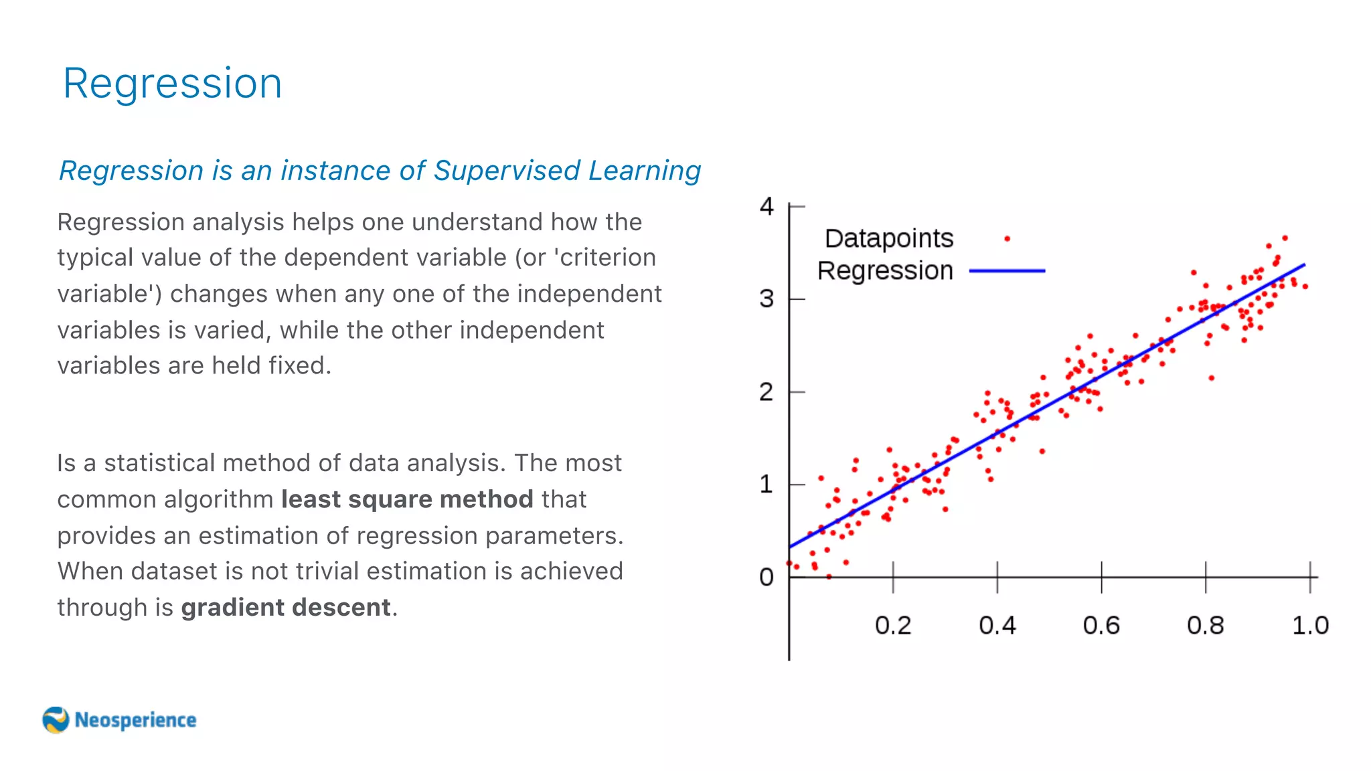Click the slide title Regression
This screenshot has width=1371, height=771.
pyautogui.click(x=172, y=84)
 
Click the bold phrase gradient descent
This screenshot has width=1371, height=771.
pyautogui.click(x=286, y=608)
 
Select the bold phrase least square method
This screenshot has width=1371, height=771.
pyautogui.click(x=407, y=499)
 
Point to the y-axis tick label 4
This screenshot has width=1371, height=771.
pyautogui.click(x=767, y=206)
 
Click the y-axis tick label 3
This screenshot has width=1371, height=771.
pyautogui.click(x=767, y=298)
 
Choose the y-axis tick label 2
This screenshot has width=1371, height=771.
pyautogui.click(x=767, y=392)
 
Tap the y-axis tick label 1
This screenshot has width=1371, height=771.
pyautogui.click(x=767, y=484)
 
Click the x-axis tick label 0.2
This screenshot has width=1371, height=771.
pyautogui.click(x=893, y=625)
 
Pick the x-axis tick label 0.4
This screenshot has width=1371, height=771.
pyautogui.click(x=997, y=625)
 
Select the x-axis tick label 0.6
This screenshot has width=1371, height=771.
pyautogui.click(x=1101, y=625)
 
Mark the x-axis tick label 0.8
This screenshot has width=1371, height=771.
pyautogui.click(x=1205, y=625)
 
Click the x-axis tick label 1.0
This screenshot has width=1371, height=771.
pyautogui.click(x=1309, y=625)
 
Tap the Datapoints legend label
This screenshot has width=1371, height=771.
pyautogui.click(x=888, y=239)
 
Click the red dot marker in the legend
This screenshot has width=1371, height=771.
pyautogui.click(x=1007, y=238)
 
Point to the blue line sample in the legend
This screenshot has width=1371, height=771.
pyautogui.click(x=1007, y=271)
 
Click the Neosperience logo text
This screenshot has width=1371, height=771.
pyautogui.click(x=135, y=720)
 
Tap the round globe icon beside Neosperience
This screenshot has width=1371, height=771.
pyautogui.click(x=56, y=720)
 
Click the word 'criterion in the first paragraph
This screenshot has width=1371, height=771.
pyautogui.click(x=605, y=258)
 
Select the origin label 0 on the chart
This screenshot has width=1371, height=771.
pyautogui.click(x=767, y=577)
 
